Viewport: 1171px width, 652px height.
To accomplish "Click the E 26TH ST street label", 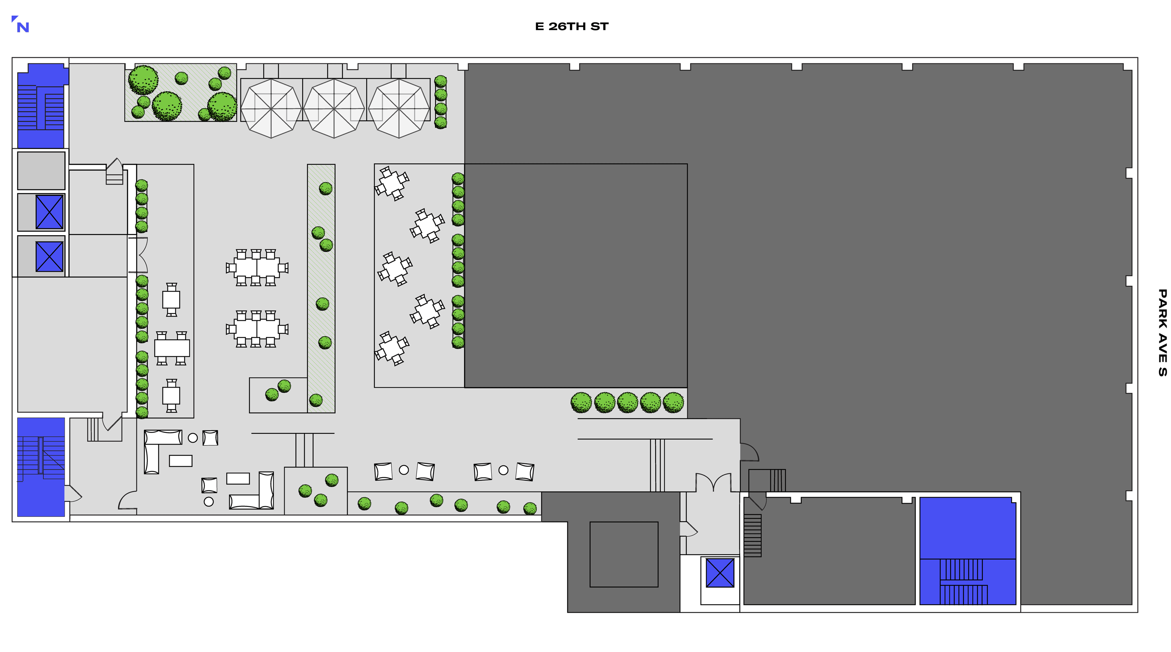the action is pos(571,26).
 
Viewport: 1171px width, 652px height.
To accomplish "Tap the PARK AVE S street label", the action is pos(1162,333).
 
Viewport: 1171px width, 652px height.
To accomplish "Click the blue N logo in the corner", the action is pos(20,24).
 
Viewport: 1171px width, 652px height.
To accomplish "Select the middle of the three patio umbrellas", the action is pos(334,109).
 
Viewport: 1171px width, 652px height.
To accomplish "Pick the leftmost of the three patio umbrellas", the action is pos(271,109).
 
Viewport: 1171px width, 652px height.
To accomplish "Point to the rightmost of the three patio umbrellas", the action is pos(399,109).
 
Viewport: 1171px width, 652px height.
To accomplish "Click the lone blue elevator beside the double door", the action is pos(720,573).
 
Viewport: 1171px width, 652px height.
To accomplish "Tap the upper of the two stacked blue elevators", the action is pos(49,212).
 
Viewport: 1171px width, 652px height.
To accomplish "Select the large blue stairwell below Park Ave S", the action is pos(968,550).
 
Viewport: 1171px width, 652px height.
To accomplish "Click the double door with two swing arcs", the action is pos(713,481).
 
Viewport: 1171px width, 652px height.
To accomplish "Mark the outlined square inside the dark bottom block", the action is pos(624,555).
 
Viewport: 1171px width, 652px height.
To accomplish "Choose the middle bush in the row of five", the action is pos(627,402).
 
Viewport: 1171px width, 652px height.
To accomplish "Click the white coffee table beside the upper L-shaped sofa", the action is pos(181,461).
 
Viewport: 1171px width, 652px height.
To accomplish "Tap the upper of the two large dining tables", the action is pos(257,268).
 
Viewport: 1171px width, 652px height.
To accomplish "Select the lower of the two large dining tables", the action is pos(257,329).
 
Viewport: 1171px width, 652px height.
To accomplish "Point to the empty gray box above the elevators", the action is pos(41,171).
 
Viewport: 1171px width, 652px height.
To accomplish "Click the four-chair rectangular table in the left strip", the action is pos(172,348).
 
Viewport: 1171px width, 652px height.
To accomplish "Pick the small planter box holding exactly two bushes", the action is pos(278,395).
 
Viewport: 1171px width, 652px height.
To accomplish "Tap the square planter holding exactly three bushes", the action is pos(316,491).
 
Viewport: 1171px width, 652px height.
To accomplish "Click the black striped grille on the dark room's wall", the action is pos(752,535).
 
